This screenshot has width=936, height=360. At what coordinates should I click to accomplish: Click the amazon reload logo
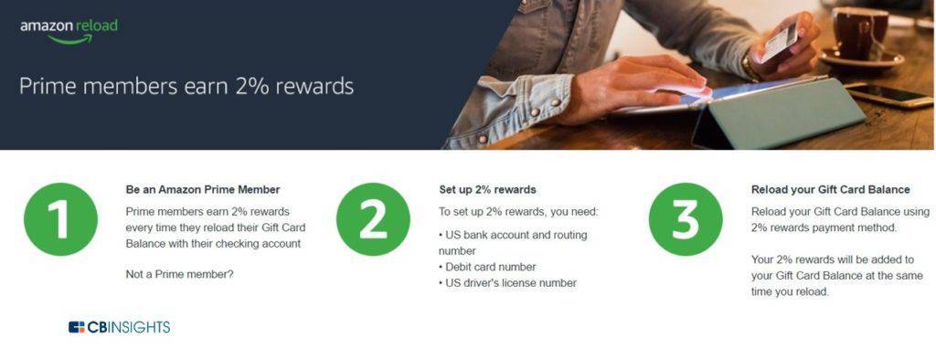[x=69, y=31]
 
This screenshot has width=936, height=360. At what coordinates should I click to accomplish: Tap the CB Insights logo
[x=120, y=327]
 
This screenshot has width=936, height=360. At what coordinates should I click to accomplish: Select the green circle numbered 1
[x=60, y=219]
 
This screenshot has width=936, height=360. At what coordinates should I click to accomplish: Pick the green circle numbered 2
[x=373, y=219]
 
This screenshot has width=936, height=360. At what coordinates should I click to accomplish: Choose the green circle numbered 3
[x=686, y=219]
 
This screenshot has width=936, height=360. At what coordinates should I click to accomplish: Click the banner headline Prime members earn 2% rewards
[x=186, y=87]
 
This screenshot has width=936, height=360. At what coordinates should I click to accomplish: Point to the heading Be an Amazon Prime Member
[x=203, y=190]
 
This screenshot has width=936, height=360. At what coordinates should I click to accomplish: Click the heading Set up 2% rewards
[x=488, y=190]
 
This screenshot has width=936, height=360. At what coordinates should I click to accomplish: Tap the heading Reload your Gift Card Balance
[x=830, y=190]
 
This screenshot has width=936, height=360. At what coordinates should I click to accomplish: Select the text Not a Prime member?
[x=180, y=275]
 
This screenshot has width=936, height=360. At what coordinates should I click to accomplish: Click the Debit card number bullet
[x=487, y=267]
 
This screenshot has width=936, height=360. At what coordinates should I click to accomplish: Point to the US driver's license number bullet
[x=507, y=283]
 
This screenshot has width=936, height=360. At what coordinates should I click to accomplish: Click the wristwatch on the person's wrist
[x=750, y=67]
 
